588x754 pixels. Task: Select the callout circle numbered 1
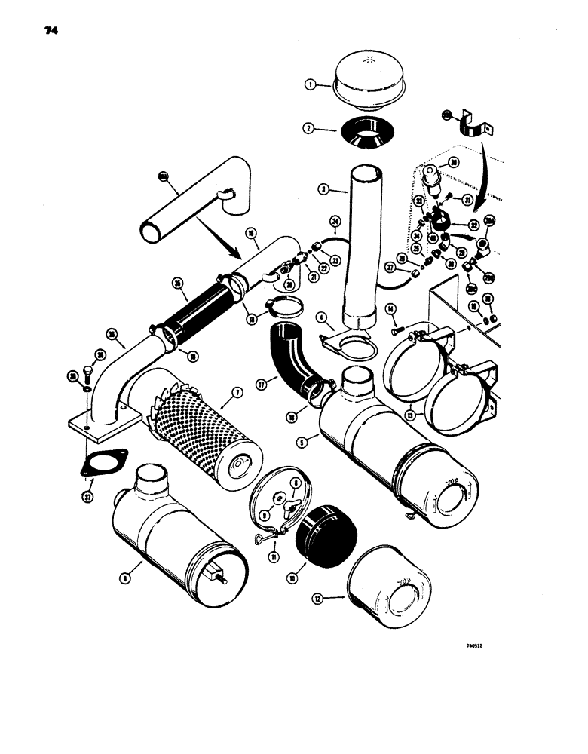click(x=310, y=85)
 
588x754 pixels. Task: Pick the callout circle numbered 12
click(x=321, y=599)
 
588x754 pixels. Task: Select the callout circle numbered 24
click(x=335, y=221)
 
